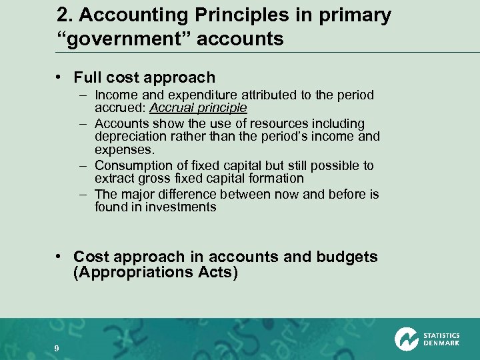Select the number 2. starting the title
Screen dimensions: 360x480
(65, 15)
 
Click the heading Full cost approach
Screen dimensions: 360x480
(145, 77)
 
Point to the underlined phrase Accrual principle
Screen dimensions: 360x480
(199, 107)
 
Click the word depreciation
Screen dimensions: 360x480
(129, 136)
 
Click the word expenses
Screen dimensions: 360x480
(119, 149)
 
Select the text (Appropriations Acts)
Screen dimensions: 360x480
(155, 273)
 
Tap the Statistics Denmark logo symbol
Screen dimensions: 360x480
(405, 339)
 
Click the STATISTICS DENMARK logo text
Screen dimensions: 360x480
(441, 339)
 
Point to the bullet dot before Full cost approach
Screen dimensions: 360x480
(61, 78)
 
